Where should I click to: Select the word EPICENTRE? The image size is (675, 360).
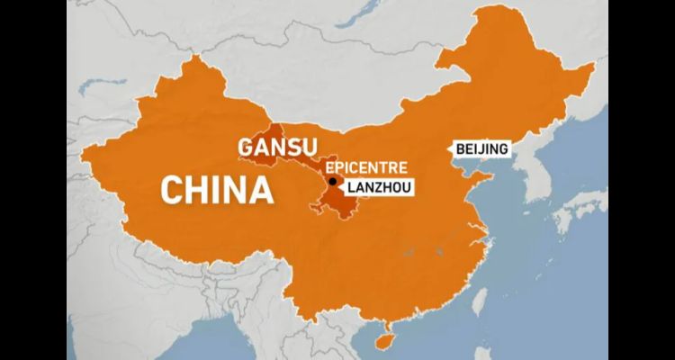[366, 167]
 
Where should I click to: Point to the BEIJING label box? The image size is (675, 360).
[481, 148]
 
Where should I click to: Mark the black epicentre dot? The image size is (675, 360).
[333, 183]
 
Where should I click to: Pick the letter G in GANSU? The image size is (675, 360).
[243, 148]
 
